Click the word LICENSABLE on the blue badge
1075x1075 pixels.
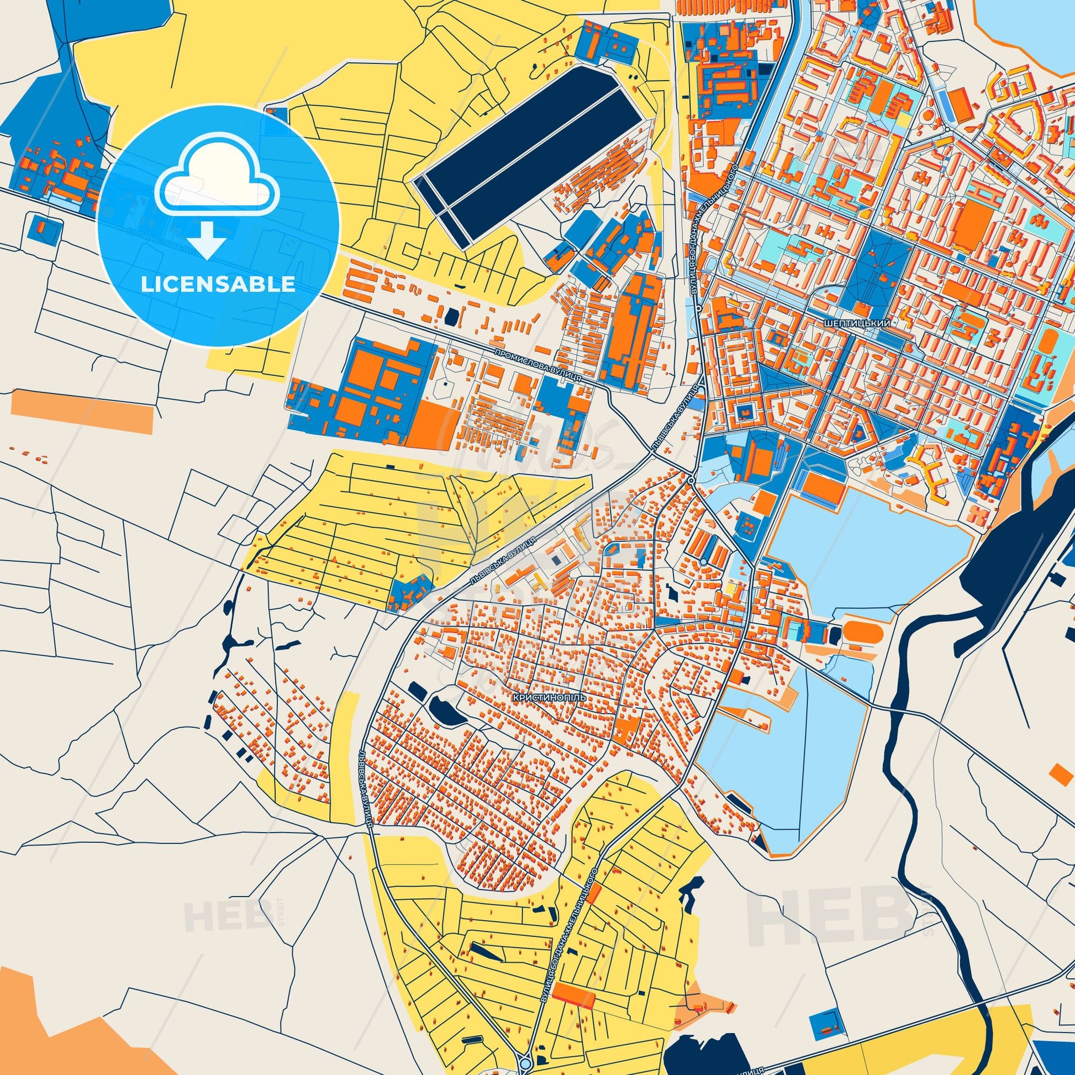click(x=218, y=284)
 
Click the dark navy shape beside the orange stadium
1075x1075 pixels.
click(x=835, y=633)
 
